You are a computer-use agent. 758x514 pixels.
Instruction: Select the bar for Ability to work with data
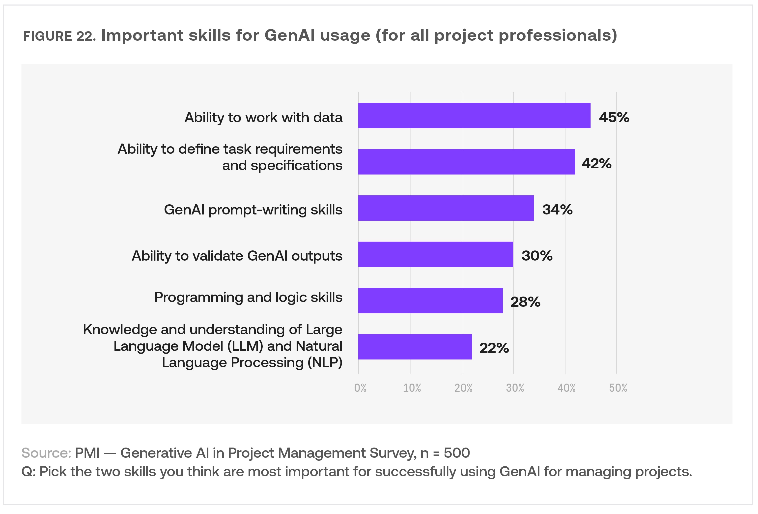tap(474, 116)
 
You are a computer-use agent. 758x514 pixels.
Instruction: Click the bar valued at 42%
tap(466, 162)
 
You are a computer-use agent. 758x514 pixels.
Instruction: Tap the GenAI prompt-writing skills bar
tap(446, 208)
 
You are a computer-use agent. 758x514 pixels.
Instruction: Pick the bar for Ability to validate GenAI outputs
tap(435, 254)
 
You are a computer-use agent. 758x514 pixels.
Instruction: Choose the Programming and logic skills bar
tap(430, 301)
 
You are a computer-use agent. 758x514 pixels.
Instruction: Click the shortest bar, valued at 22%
tap(415, 347)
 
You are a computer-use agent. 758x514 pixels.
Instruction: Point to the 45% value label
tap(614, 118)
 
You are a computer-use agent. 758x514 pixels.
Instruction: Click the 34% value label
tap(557, 210)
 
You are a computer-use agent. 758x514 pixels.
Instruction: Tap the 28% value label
tap(525, 302)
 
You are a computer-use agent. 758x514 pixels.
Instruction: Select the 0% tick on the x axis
tap(360, 388)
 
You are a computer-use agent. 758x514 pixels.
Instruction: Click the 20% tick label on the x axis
tap(463, 388)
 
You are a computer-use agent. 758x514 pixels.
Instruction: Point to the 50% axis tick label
tap(618, 388)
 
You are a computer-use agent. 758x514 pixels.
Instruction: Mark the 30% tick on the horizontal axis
tap(515, 388)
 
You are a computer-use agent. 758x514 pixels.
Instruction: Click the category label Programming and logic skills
tap(248, 297)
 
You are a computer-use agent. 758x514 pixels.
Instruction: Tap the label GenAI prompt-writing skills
tap(253, 210)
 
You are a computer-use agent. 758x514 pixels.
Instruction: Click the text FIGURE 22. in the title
tap(59, 36)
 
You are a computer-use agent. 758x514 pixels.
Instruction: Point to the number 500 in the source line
tap(457, 453)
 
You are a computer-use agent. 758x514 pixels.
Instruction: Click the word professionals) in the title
tap(558, 35)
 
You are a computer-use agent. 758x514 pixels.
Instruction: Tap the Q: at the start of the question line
tap(29, 472)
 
